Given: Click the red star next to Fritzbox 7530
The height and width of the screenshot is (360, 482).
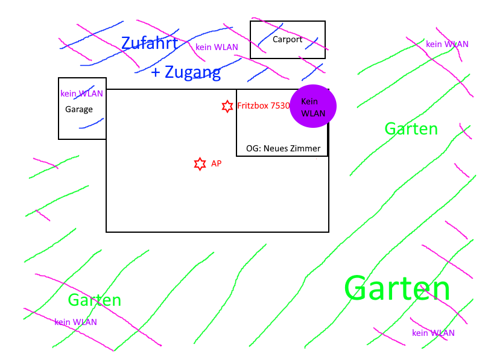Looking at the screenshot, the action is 227,106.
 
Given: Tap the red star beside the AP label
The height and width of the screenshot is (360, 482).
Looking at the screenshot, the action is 200,163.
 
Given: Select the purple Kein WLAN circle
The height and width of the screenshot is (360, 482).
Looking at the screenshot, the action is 312,106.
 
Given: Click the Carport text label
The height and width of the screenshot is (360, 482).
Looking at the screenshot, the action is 287,40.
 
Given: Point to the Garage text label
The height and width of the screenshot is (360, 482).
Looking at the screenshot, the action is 79,109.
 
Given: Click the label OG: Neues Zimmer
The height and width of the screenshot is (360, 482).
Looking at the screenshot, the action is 283,148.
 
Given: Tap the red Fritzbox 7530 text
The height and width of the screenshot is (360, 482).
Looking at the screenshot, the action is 264,106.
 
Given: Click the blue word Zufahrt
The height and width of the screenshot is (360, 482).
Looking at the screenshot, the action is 149,43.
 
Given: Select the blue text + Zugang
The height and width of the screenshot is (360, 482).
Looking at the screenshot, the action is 186,73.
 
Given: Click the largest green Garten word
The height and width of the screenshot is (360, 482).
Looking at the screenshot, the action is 397,288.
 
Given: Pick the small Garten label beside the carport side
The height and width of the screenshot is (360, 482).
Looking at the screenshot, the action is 411,128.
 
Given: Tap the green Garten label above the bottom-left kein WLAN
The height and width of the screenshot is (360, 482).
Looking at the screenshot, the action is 94,300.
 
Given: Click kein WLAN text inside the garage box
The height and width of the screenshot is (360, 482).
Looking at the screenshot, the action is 81,93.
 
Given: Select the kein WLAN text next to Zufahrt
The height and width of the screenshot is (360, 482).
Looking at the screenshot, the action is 217,47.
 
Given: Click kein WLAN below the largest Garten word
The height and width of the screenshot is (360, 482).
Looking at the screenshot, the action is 433,333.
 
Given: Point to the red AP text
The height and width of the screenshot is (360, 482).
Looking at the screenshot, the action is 216,163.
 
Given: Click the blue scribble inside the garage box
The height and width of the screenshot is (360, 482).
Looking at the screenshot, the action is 91,124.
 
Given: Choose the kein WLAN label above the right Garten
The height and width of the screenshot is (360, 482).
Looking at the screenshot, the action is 447,44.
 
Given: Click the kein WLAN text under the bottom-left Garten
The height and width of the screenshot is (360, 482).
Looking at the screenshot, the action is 75,322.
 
